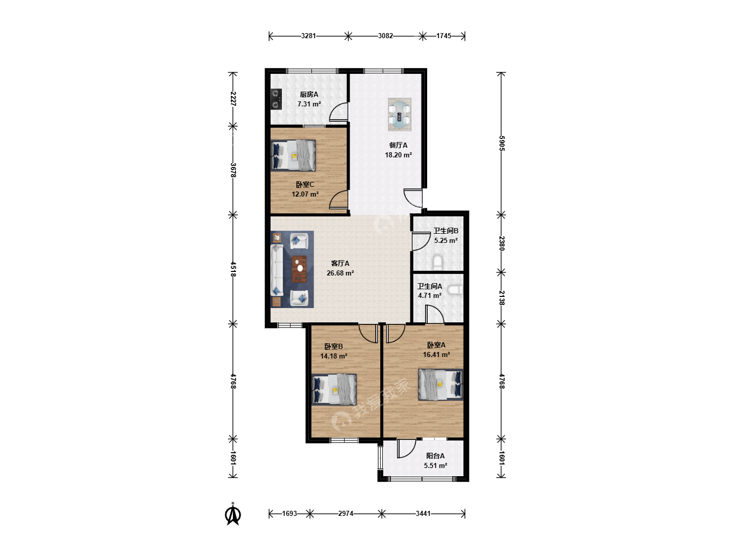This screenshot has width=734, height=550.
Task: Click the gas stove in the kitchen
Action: pos(276,99)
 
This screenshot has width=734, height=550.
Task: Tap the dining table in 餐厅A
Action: pos(399,114)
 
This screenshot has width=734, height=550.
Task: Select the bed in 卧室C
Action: pos(293,155)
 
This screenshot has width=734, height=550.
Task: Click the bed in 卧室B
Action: pos(334,390)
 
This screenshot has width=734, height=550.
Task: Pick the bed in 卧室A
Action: pos(441,384)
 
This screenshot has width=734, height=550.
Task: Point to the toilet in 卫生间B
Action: pos(438,263)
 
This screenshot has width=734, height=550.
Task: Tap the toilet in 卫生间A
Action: pos(456,290)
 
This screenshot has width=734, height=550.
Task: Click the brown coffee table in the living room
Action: pos(299,269)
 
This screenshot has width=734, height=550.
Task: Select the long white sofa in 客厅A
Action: pos(277,270)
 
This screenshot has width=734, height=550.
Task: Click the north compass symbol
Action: pos(233,514)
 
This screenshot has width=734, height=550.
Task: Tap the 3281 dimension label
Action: pos(308,36)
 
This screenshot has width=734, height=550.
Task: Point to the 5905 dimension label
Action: pos(502,143)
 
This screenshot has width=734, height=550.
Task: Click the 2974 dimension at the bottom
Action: pos(346,513)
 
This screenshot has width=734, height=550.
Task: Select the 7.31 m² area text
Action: pos(309,104)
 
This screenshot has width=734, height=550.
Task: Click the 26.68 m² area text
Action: pos(340,273)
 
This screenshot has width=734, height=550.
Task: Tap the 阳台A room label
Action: pos(435,455)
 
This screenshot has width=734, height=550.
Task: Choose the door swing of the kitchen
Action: pos(338,111)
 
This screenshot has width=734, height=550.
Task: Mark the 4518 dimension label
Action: pos(233,269)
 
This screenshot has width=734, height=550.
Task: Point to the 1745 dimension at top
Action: pos(444,36)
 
